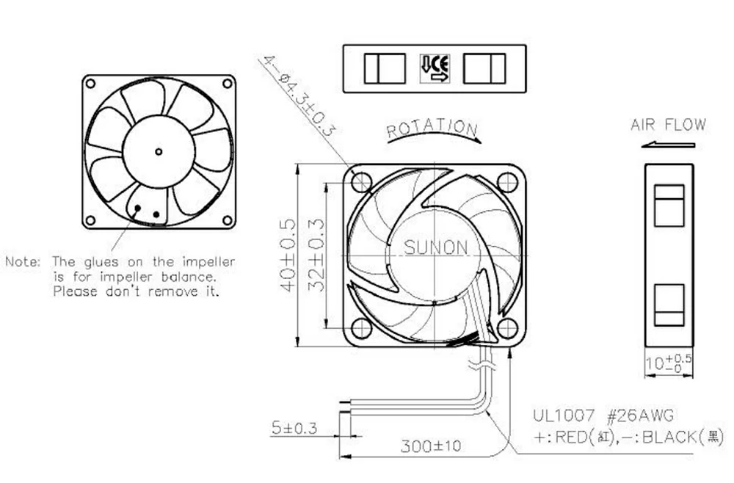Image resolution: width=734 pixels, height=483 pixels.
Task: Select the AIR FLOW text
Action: [x=667, y=125]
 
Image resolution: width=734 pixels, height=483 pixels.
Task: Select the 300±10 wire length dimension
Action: [x=431, y=446]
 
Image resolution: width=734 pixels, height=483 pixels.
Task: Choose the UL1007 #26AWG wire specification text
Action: [x=603, y=415]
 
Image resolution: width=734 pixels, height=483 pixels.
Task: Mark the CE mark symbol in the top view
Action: [x=435, y=68]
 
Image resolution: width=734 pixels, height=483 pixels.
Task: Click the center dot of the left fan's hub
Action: [x=159, y=152]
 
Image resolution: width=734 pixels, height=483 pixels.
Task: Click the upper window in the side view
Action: [x=668, y=205]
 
